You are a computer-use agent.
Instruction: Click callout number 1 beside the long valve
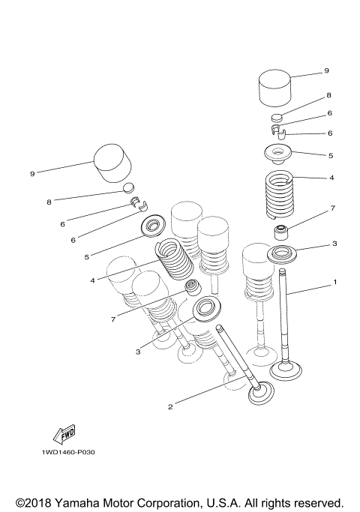[334, 283]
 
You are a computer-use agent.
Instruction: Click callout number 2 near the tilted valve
[170, 407]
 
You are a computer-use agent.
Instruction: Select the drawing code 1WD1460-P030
[68, 454]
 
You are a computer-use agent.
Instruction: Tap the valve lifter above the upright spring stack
[275, 88]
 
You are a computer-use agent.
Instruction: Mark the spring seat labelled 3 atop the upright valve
[284, 253]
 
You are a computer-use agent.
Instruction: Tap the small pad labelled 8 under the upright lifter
[277, 118]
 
